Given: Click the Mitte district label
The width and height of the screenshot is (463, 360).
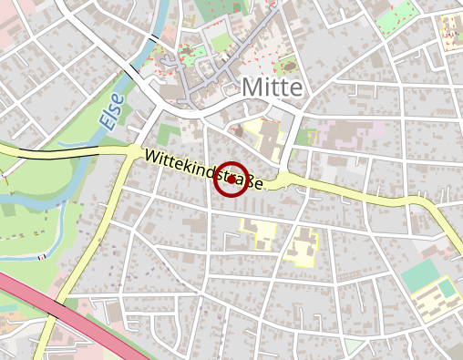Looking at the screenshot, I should [273, 88].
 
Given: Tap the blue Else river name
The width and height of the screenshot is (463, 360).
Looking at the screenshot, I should [110, 109].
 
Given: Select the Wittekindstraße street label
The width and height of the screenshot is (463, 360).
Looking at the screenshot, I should [203, 170].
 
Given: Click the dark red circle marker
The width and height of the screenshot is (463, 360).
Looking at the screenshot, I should [231, 180].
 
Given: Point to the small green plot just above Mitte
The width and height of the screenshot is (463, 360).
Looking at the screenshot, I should [287, 65].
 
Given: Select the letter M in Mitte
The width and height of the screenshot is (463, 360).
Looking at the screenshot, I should [252, 88].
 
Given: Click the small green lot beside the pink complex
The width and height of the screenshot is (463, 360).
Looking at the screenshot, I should [303, 137].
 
